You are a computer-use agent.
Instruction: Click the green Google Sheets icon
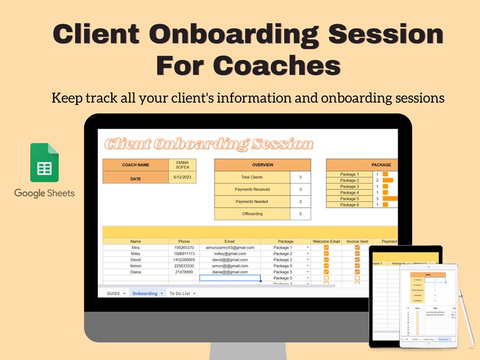pyautogui.click(x=45, y=162)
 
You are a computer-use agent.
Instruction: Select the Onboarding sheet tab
pyautogui.click(x=145, y=293)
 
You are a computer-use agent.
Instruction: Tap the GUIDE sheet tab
pyautogui.click(x=114, y=293)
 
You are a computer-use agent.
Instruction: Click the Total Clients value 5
pyautogui.click(x=300, y=177)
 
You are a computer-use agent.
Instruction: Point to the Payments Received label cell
pyautogui.click(x=252, y=189)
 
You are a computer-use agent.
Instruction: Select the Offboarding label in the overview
pyautogui.click(x=252, y=213)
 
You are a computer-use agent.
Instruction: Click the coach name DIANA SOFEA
pyautogui.click(x=182, y=165)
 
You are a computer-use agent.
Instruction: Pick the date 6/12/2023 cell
pyautogui.click(x=182, y=177)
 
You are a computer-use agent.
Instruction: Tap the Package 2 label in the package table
pyautogui.click(x=349, y=181)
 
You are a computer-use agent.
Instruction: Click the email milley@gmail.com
pyautogui.click(x=230, y=254)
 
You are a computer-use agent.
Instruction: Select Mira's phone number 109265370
pyautogui.click(x=184, y=248)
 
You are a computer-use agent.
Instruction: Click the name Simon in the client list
pyautogui.click(x=135, y=266)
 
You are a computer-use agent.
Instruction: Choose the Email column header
pyautogui.click(x=230, y=242)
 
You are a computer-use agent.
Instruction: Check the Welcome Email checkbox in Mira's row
pyautogui.click(x=326, y=248)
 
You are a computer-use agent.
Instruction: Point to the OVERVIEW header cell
pyautogui.click(x=262, y=165)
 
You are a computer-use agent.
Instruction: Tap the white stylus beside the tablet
pyautogui.click(x=467, y=320)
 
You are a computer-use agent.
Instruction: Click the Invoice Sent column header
pyautogui.click(x=357, y=242)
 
